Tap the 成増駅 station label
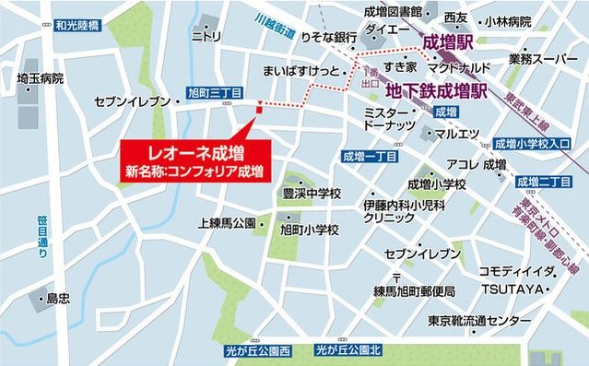click(x=449, y=41)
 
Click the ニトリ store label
click(x=206, y=37)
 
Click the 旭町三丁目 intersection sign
click(x=214, y=93)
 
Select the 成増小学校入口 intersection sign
click(x=532, y=144)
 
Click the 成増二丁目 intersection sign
click(x=544, y=178)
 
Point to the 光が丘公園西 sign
click(x=257, y=350)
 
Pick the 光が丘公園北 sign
click(x=348, y=350)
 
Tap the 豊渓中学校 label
click(x=312, y=194)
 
